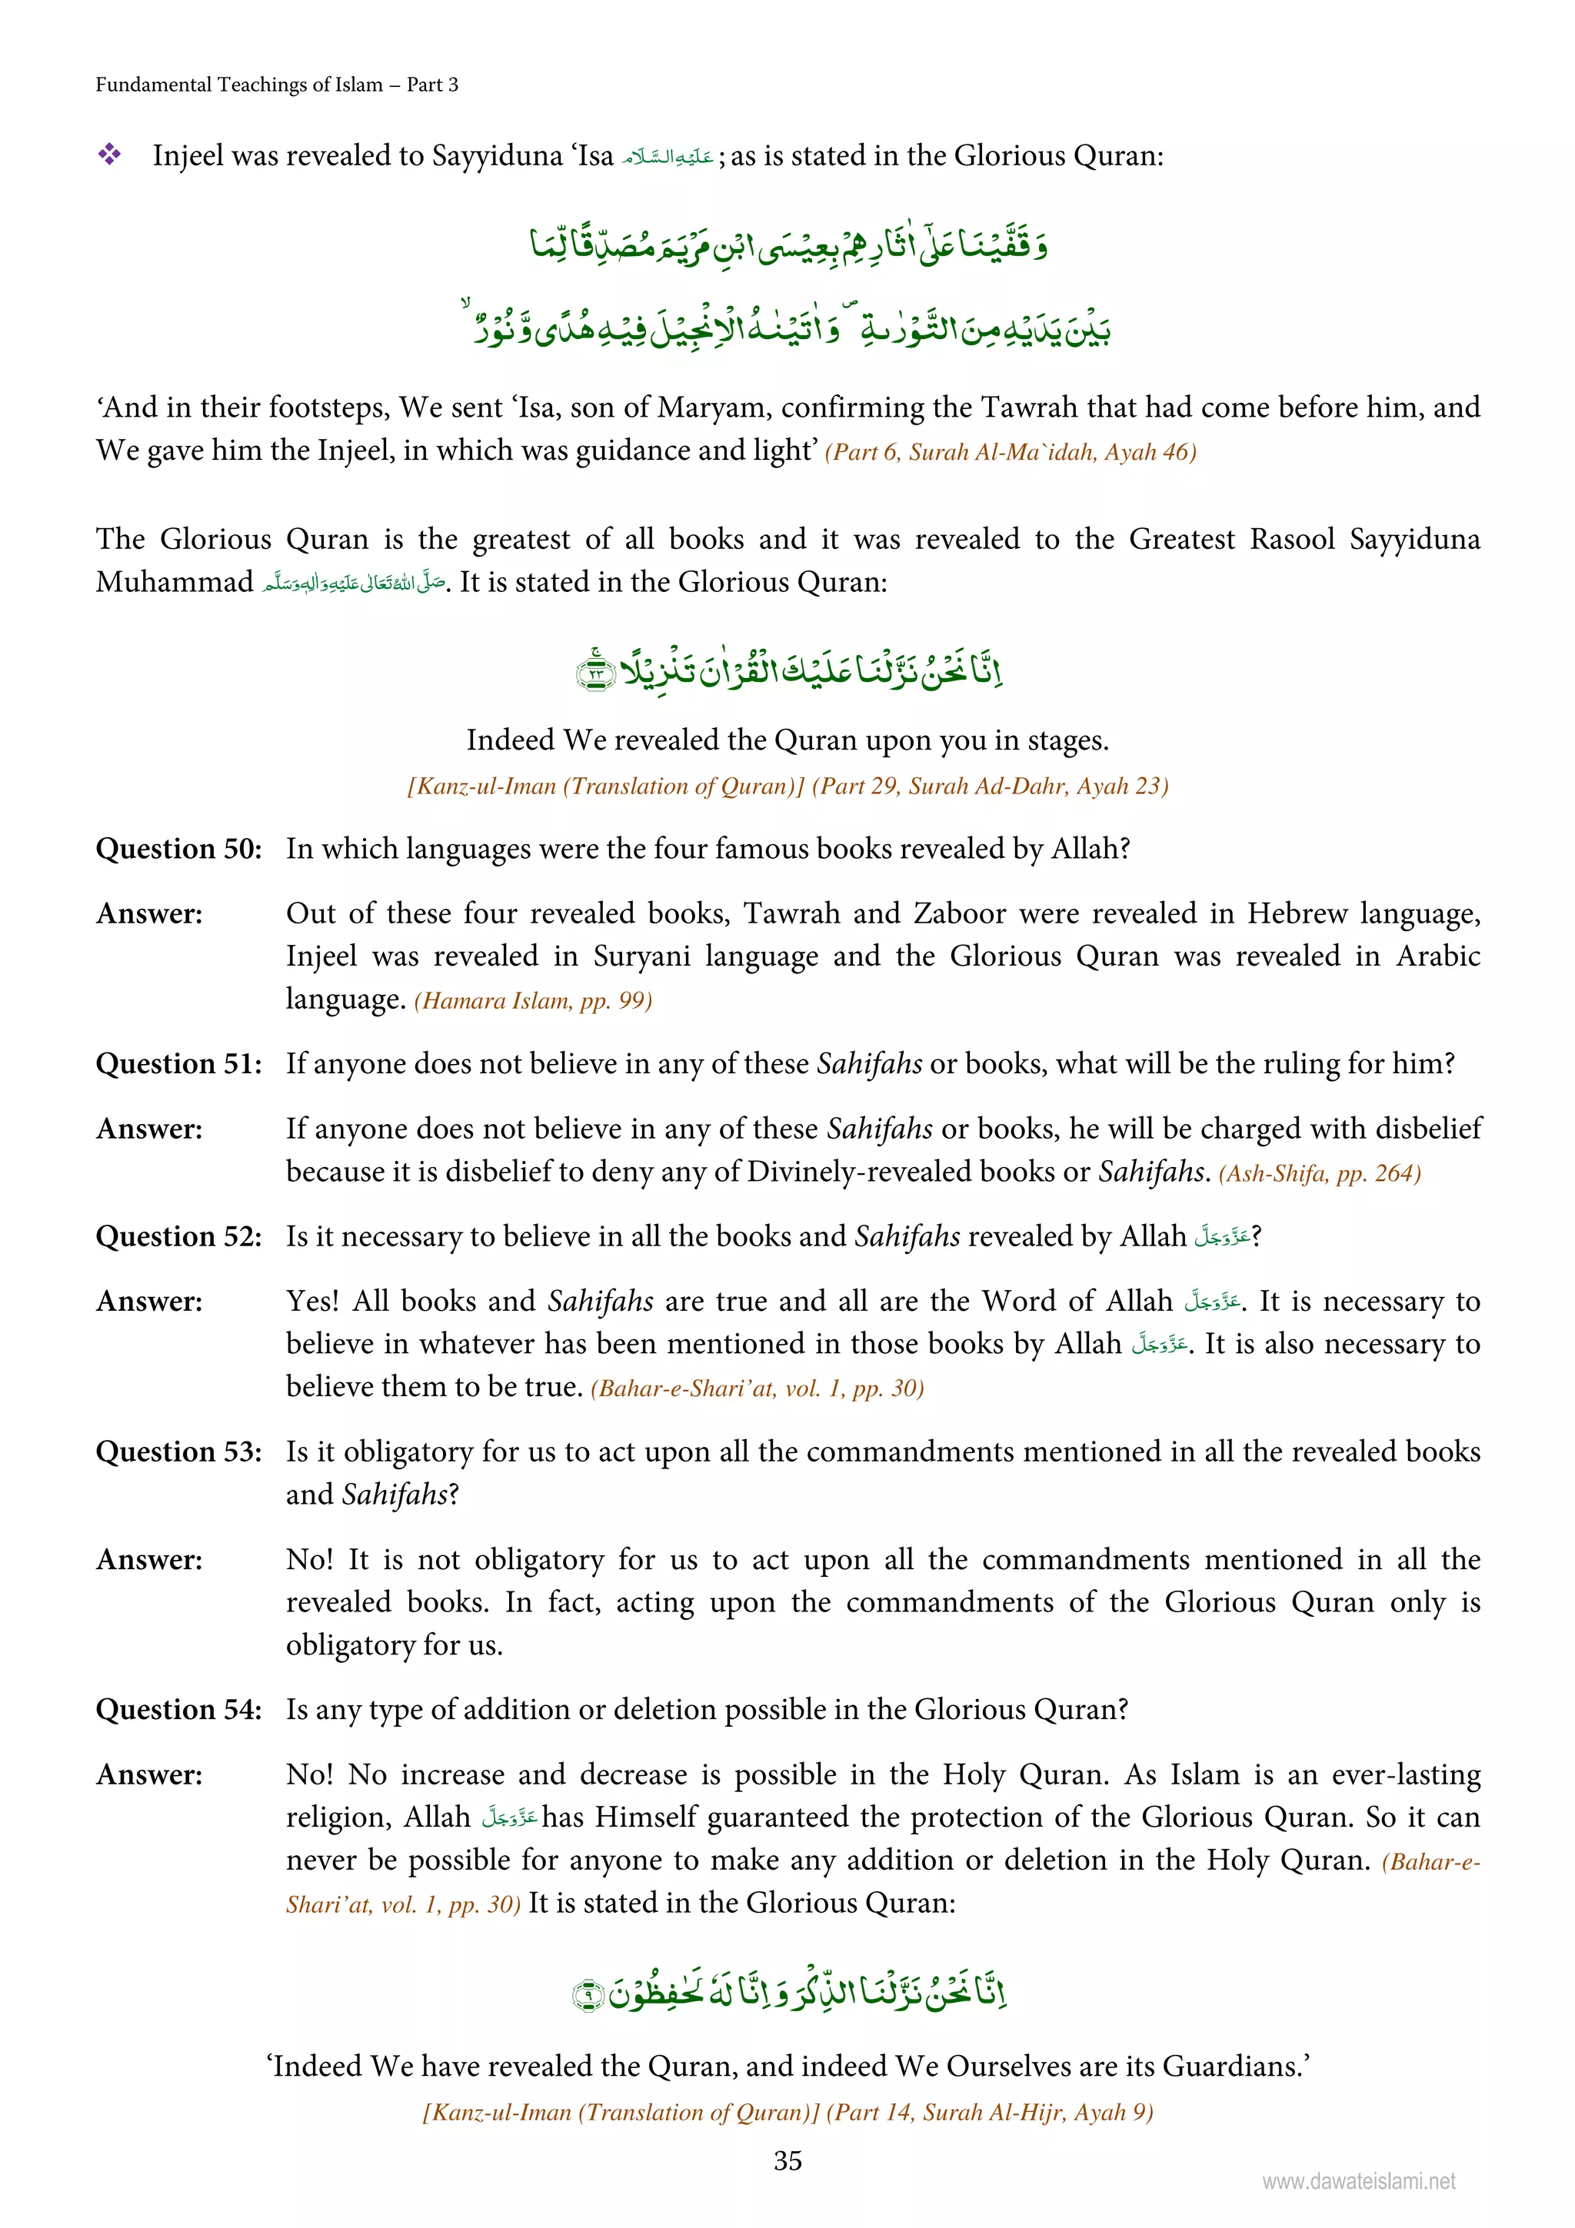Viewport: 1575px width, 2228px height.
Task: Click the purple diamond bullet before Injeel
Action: (x=108, y=155)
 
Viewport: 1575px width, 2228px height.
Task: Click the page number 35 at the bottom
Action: (x=787, y=2160)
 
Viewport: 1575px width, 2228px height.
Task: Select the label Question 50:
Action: (x=178, y=849)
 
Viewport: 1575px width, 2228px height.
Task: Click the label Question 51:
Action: (x=178, y=1065)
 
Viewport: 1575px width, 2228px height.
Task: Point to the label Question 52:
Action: (x=178, y=1237)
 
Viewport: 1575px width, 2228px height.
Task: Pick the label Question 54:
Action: (x=178, y=1710)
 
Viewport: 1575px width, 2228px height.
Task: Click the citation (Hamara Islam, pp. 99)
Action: (x=533, y=1000)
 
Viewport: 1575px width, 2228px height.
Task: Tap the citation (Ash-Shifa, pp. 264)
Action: (x=1320, y=1173)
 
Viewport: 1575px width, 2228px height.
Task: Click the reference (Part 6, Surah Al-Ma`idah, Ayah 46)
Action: (x=1011, y=452)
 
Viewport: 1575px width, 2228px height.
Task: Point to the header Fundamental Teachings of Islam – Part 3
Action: (x=277, y=85)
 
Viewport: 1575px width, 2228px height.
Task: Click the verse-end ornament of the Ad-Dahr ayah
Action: (x=595, y=671)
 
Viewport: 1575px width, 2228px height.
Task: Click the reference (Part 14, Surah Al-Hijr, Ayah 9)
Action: (x=989, y=2113)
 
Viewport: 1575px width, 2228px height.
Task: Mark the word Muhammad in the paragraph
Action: (x=175, y=582)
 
